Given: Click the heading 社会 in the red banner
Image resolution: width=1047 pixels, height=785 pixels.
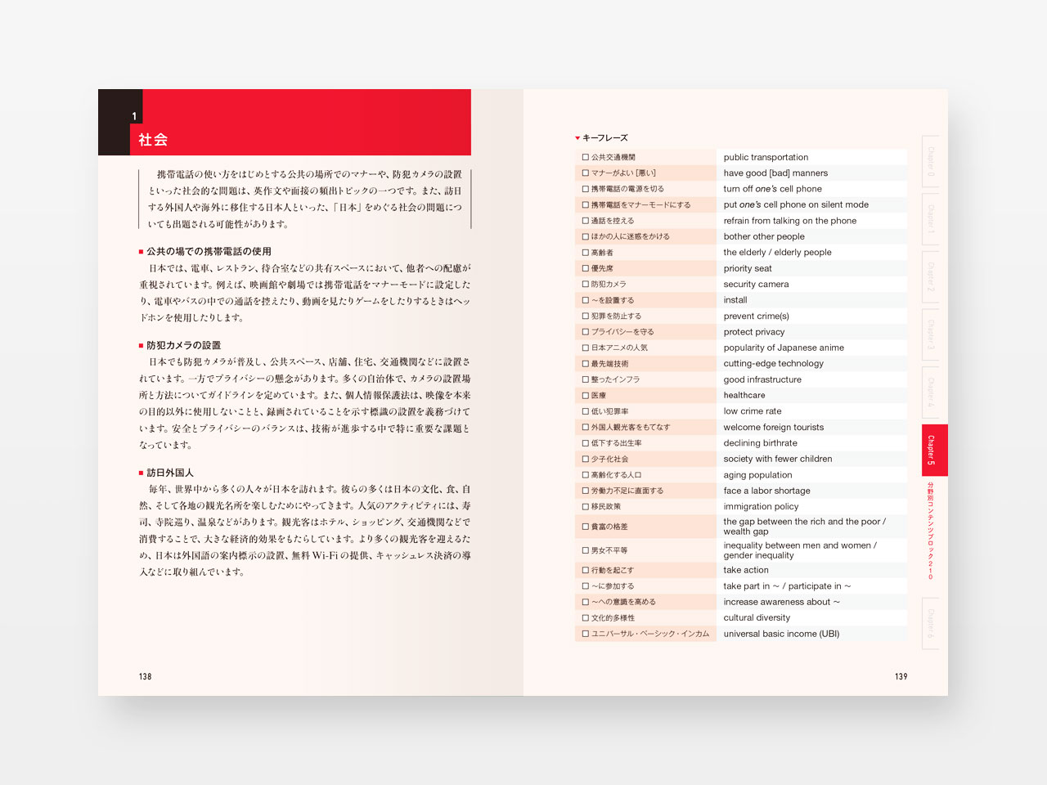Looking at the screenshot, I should point(153,140).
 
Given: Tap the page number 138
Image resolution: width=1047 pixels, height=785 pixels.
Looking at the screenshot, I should point(145,676).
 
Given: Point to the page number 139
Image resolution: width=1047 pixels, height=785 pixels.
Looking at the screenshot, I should point(901,676).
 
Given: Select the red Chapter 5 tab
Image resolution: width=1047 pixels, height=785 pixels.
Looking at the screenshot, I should point(933,450).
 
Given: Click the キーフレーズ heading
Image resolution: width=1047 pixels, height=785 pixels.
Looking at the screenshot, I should point(604,138).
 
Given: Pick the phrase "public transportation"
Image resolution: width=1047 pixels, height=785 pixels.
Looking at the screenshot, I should point(766,157).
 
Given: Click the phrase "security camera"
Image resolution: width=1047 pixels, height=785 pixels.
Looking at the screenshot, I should point(756,285).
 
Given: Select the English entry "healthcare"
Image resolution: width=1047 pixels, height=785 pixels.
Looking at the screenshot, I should point(744,396).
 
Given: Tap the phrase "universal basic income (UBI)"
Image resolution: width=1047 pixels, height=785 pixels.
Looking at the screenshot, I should point(781,634).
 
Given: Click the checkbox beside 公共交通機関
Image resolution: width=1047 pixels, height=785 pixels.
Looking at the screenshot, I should point(586,157).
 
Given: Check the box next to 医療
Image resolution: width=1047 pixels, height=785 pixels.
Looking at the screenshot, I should point(586,396).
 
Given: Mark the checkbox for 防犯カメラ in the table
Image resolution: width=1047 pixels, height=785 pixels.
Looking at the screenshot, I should point(586,285).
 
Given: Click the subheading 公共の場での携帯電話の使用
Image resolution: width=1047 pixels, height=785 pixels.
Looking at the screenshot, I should point(209,252).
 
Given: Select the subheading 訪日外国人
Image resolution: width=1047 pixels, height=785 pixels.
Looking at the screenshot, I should point(170,473).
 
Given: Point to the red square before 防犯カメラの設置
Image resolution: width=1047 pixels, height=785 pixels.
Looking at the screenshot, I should point(141,346).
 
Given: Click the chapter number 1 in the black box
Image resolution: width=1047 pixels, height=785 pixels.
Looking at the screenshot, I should point(134,116).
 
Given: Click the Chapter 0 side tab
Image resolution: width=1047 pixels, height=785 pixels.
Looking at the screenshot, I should point(931,161).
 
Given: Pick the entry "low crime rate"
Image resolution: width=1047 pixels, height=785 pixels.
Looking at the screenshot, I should point(753,411).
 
